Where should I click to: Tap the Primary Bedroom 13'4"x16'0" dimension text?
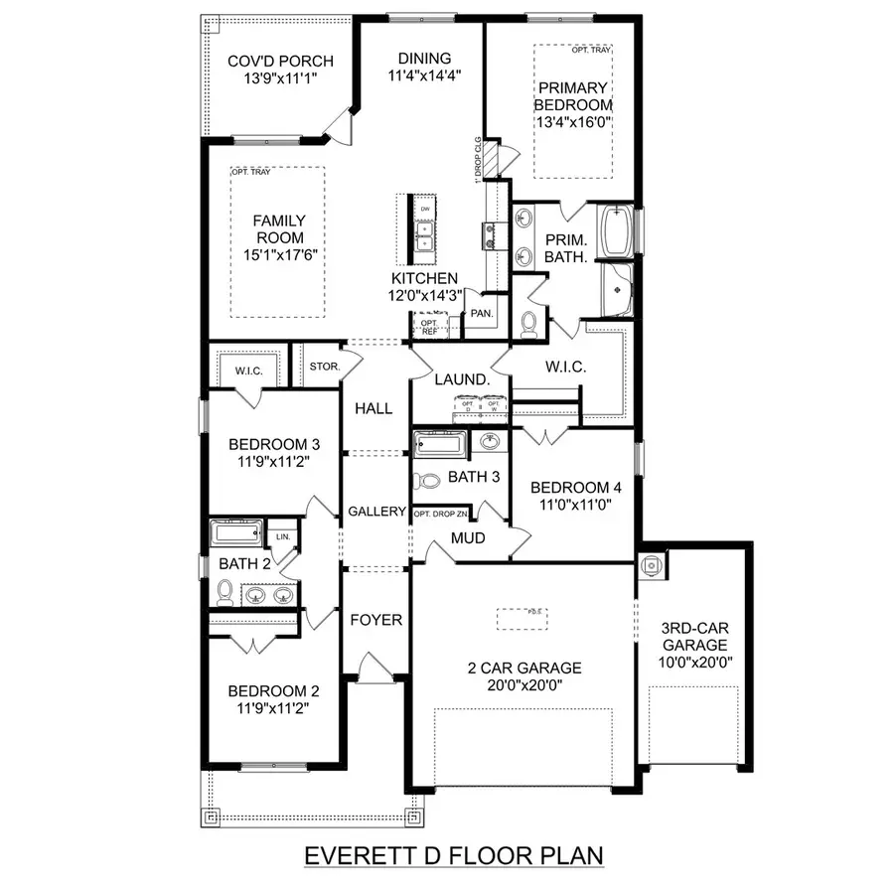click(x=573, y=122)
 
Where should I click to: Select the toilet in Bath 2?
click(x=225, y=592)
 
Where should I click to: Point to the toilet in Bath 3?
click(x=428, y=480)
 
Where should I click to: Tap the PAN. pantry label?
click(x=483, y=312)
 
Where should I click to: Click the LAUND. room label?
click(x=461, y=379)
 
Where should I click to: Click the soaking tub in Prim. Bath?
click(x=617, y=228)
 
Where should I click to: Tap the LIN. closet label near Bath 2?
click(x=283, y=536)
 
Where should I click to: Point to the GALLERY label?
click(x=376, y=512)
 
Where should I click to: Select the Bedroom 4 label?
click(x=575, y=487)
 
